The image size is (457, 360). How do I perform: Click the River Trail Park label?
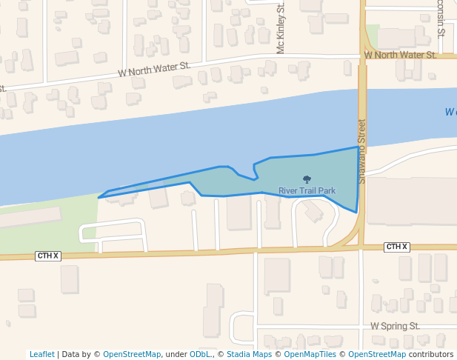pyautogui.click(x=307, y=190)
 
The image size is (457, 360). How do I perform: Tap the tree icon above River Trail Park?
pyautogui.click(x=307, y=179)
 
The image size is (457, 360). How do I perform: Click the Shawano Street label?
pyautogui.click(x=362, y=151)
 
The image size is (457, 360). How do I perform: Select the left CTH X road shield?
pyautogui.click(x=47, y=256)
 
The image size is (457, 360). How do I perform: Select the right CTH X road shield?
pyautogui.click(x=397, y=247)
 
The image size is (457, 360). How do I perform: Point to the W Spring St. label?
pyautogui.click(x=395, y=326)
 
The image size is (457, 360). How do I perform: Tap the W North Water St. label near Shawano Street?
pyautogui.click(x=400, y=55)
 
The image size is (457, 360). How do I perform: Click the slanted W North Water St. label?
pyautogui.click(x=155, y=70)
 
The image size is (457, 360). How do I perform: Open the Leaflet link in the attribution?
pyautogui.click(x=41, y=354)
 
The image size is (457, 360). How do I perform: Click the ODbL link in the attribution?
pyautogui.click(x=199, y=354)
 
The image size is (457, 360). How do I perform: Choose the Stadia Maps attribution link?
pyautogui.click(x=249, y=354)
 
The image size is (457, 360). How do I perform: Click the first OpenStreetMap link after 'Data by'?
pyautogui.click(x=132, y=354)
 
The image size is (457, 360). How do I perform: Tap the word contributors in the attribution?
pyautogui.click(x=431, y=354)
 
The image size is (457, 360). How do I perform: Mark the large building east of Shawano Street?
pyautogui.click(x=412, y=200)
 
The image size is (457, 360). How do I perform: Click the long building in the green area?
pyautogui.click(x=30, y=219)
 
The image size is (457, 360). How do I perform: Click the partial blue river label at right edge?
pyautogui.click(x=451, y=112)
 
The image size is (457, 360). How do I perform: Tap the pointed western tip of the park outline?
pyautogui.click(x=99, y=198)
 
